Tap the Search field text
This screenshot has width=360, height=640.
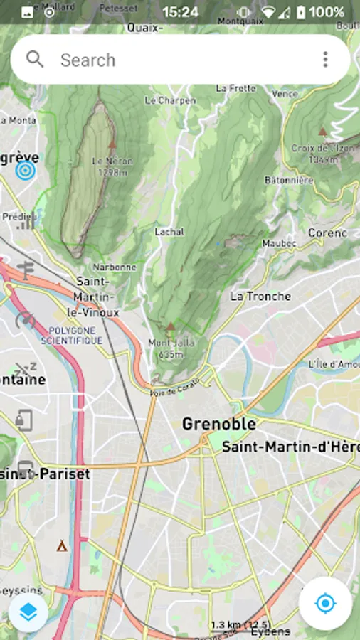coord(88,60)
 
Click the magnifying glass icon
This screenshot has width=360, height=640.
coord(35,59)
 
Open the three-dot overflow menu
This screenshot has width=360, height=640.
coord(325,60)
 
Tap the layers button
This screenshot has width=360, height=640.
coord(28,612)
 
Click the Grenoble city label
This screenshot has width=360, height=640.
coord(218,425)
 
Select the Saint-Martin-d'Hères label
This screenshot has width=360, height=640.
coord(290,447)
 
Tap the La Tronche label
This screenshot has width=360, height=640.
coord(260,296)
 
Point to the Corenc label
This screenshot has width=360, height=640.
coord(327,233)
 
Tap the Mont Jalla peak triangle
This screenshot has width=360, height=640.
coord(170,326)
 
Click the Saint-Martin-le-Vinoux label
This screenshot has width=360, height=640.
coord(97,297)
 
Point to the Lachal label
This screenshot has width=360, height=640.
coord(169,232)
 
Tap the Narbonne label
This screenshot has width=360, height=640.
coord(114,267)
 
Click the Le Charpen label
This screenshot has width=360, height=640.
coord(170,101)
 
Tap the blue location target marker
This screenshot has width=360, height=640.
coord(26,171)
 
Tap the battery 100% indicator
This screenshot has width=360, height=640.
coord(320,12)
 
